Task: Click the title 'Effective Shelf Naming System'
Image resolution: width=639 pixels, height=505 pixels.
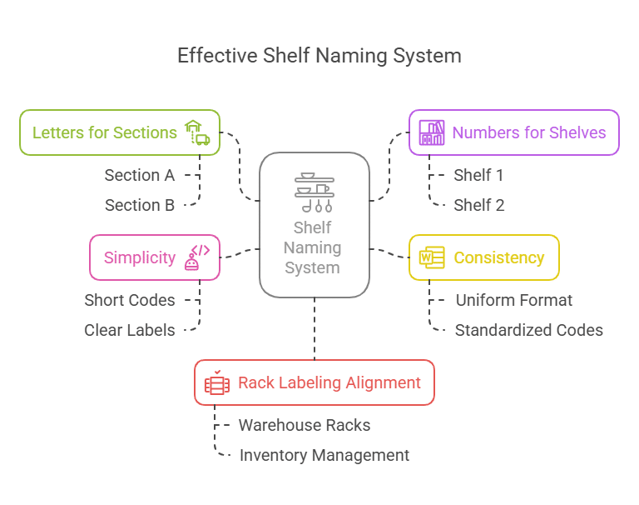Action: click(x=319, y=56)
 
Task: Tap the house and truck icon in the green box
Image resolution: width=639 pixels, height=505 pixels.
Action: click(x=196, y=132)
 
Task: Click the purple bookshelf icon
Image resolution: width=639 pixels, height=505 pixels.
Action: click(x=432, y=132)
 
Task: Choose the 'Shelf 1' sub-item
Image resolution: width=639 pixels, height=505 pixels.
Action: click(x=478, y=175)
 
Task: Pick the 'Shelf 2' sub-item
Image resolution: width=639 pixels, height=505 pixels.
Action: click(x=479, y=205)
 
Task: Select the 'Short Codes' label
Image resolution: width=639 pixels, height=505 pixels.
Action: click(x=130, y=300)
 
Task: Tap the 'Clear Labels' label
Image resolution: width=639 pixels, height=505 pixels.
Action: click(x=130, y=330)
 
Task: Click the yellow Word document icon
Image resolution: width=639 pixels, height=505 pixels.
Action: click(x=432, y=257)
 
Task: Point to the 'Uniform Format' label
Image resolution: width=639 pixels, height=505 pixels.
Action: click(x=514, y=300)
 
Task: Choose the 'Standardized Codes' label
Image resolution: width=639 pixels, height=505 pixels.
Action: click(x=529, y=330)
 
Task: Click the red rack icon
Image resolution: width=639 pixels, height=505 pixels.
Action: click(x=216, y=383)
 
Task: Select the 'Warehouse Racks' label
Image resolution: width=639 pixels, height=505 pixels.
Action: click(x=305, y=425)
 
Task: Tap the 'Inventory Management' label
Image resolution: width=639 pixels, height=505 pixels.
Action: click(x=324, y=455)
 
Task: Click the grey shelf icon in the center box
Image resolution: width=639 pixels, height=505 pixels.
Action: click(x=315, y=192)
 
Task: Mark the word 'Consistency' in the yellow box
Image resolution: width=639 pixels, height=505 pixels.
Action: click(x=499, y=257)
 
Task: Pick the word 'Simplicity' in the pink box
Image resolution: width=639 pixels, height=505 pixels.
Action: click(x=140, y=257)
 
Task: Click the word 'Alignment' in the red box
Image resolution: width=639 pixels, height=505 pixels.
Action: click(x=384, y=382)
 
